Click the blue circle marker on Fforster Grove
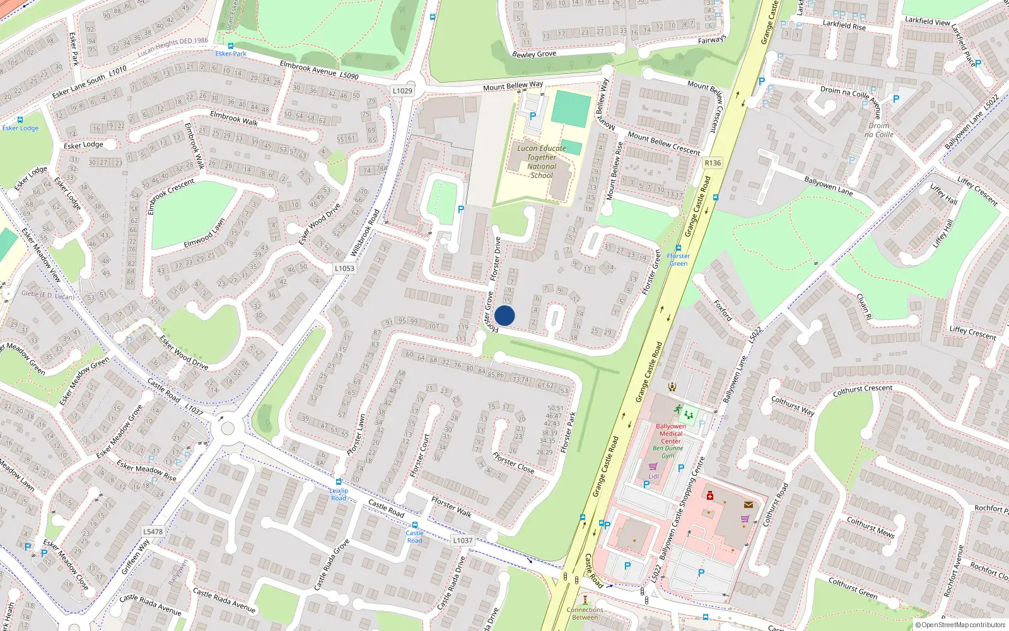coord(504,315)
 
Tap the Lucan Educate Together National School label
coord(542,162)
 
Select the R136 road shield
coord(713,163)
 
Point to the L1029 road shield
coord(402,91)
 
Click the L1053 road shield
coord(344,268)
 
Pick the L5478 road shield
coord(153,532)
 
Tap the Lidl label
coord(653,476)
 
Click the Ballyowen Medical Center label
coord(671,433)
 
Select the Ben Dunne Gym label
coord(668,452)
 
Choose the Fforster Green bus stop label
coord(678,259)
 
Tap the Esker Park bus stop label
coord(231,54)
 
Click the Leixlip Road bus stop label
coord(339,494)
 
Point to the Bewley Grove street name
coord(534,54)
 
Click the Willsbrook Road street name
coord(366,232)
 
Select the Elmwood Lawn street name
coord(204,233)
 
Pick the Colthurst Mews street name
coord(870,528)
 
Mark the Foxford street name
coord(723,310)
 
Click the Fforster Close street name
coord(513,463)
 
